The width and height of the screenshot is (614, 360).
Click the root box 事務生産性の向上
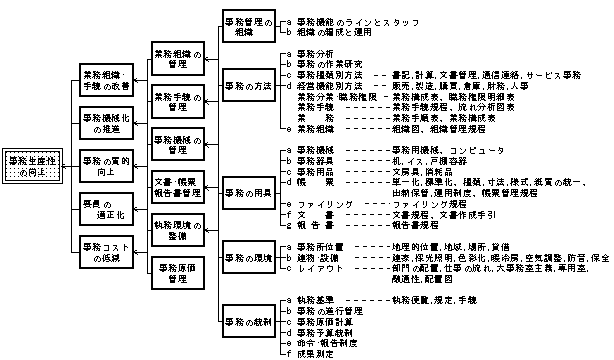pos(34,167)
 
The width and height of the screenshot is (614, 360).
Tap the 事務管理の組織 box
pos(246,26)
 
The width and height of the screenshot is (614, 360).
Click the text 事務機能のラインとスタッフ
pos(358,20)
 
